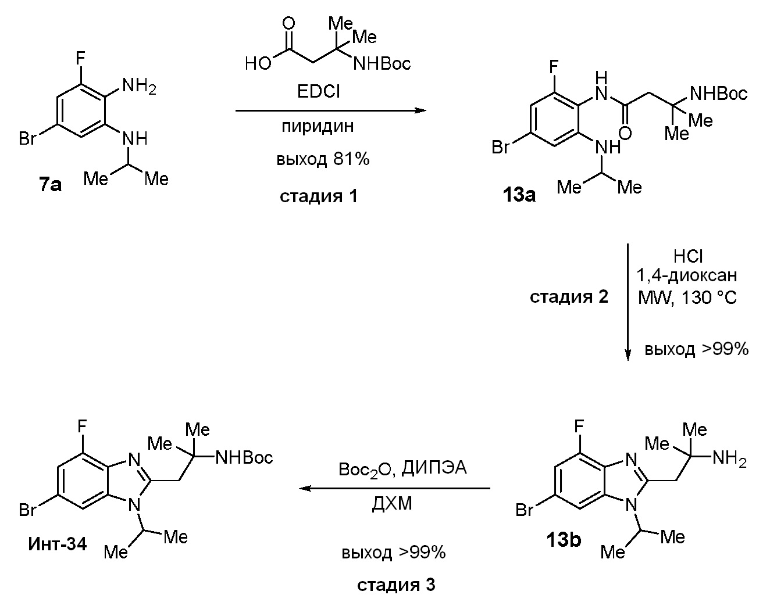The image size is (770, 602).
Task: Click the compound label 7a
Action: pyautogui.click(x=51, y=186)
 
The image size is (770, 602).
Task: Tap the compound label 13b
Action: pyautogui.click(x=563, y=540)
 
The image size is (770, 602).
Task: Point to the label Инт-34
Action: pyautogui.click(x=58, y=544)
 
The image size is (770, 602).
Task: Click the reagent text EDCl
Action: pyautogui.click(x=318, y=92)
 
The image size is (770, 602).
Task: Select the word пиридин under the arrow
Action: pyautogui.click(x=318, y=126)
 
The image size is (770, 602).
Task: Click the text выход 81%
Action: pyautogui.click(x=323, y=159)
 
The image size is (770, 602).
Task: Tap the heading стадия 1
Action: pyautogui.click(x=318, y=196)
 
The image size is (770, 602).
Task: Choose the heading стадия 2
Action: pyautogui.click(x=569, y=297)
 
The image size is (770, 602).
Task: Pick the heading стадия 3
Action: pyautogui.click(x=395, y=585)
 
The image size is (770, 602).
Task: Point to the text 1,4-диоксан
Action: pyautogui.click(x=689, y=276)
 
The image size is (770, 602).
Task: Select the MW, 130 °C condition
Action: pyautogui.click(x=687, y=298)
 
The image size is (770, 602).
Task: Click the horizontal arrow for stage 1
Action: pyautogui.click(x=330, y=110)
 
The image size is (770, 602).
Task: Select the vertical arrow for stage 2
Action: pyautogui.click(x=628, y=302)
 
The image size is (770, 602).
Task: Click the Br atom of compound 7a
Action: pyautogui.click(x=28, y=139)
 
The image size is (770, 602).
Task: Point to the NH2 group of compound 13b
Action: pyautogui.click(x=729, y=459)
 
